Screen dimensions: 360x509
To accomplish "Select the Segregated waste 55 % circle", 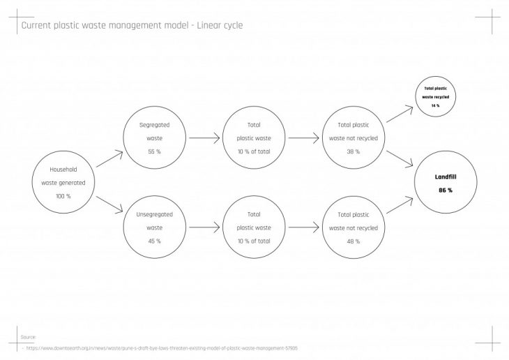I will (154, 137).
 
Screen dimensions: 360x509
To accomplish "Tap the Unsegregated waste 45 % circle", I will (154, 227).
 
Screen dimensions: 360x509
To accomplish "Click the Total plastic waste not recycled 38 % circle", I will (354, 137).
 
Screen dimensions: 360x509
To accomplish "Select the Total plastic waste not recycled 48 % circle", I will (354, 227).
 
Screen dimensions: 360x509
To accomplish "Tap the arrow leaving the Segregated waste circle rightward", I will (204, 138).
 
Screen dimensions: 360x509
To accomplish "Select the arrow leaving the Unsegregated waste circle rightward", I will (204, 227).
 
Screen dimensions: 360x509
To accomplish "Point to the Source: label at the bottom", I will (29, 336).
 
